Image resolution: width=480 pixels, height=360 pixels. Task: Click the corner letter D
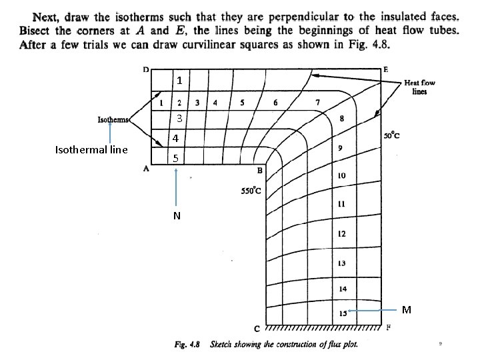coord(146,69)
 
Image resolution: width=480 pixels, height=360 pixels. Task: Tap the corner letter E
coord(387,69)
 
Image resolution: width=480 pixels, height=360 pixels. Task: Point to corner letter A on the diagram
coord(146,169)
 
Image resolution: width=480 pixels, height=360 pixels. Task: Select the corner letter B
coord(259,171)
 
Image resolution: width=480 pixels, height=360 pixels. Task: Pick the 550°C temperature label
coord(251,192)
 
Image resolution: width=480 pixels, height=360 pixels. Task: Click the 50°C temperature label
coord(392,136)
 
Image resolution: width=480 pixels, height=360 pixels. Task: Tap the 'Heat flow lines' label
coord(419,87)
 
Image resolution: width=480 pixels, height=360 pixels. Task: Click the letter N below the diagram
coord(176,215)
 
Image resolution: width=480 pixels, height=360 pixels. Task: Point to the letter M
coord(407,309)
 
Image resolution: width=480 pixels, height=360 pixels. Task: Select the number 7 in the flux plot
coord(317,101)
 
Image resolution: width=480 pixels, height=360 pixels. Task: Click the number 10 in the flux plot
coord(341,176)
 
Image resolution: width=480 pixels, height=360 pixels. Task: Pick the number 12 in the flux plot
coord(341,234)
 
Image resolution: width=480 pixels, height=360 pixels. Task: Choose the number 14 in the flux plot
coord(342,289)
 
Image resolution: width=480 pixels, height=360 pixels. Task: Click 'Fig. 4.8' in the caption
coord(189,344)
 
